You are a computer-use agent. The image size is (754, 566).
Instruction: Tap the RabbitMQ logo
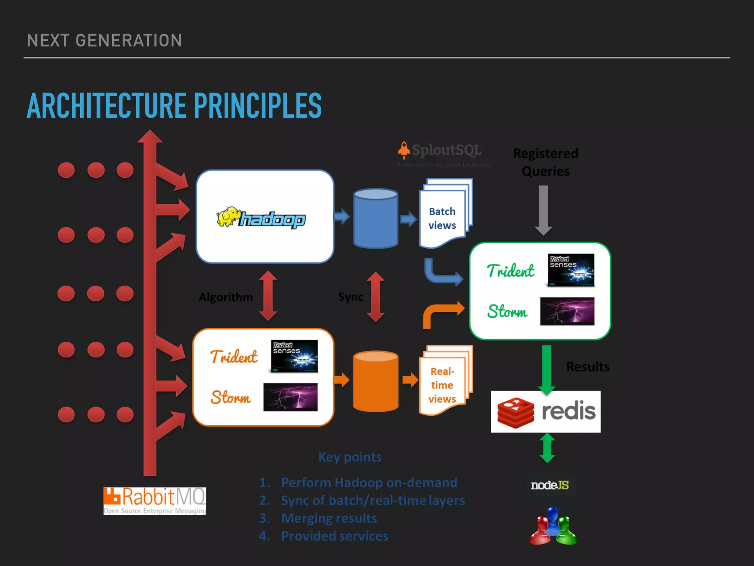tap(155, 501)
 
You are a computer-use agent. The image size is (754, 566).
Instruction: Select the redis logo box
tap(546, 411)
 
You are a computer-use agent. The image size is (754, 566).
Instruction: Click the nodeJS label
tap(550, 485)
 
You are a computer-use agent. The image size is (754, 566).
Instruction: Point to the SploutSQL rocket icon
tap(404, 150)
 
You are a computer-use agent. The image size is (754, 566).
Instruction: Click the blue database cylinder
tap(376, 218)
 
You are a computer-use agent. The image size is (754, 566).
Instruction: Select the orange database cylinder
tap(376, 381)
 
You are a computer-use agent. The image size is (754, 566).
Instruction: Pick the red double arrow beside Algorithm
tap(268, 296)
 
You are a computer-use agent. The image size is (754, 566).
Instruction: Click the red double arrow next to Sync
tap(376, 297)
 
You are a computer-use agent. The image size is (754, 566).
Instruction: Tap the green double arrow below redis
tap(547, 448)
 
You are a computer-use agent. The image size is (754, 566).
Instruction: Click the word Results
tap(588, 367)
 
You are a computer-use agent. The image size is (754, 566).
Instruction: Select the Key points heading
tap(350, 457)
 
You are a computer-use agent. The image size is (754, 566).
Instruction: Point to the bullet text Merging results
tap(329, 518)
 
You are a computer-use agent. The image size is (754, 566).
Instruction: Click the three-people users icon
tap(553, 526)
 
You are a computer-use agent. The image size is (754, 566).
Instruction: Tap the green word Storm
tap(507, 312)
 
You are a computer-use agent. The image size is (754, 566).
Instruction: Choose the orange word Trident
tap(234, 357)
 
